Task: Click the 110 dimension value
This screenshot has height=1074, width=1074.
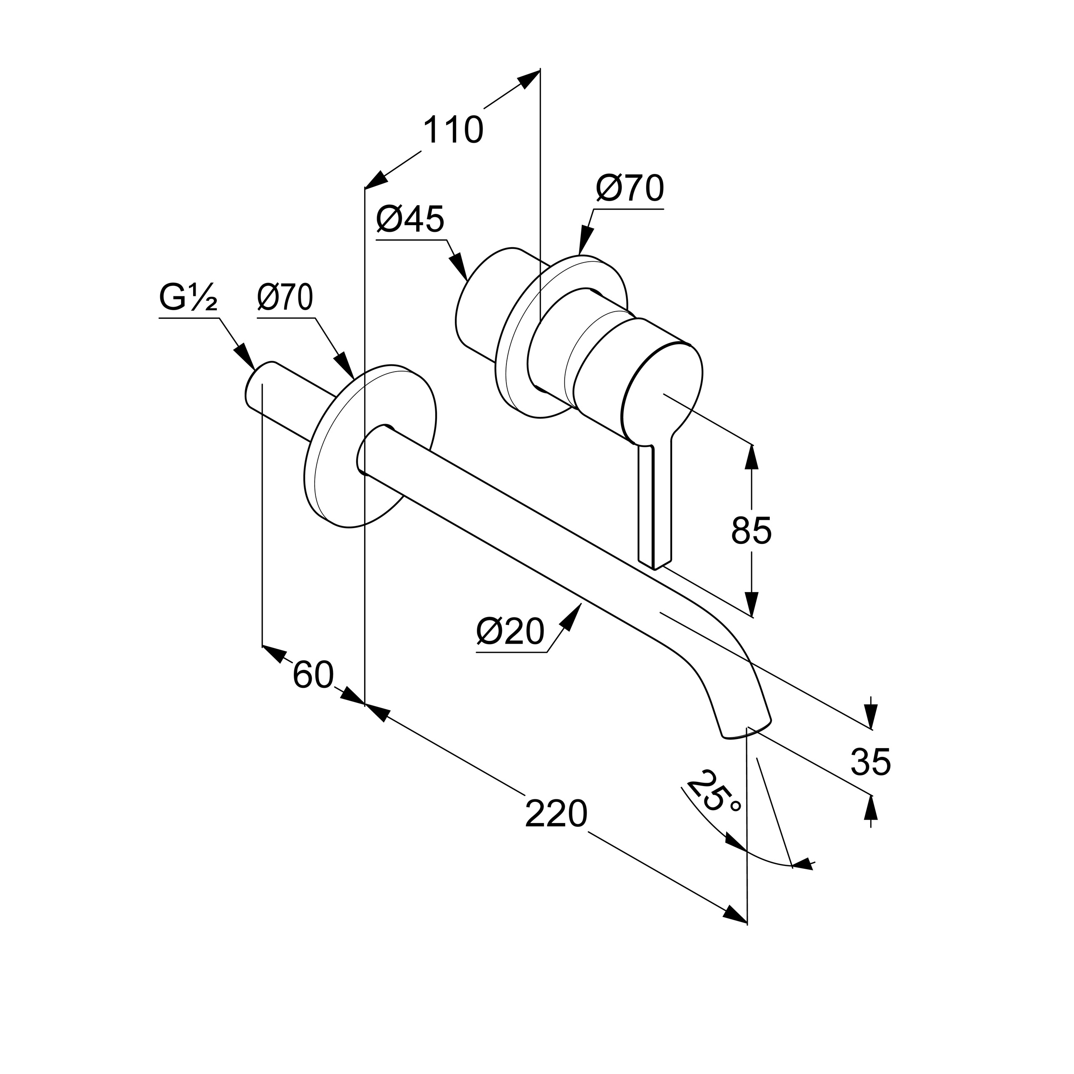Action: pyautogui.click(x=453, y=131)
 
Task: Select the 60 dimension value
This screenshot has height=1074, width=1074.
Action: pyautogui.click(x=313, y=675)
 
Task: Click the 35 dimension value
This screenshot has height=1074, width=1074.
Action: pyautogui.click(x=871, y=762)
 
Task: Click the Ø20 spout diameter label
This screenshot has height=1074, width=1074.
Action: pyautogui.click(x=510, y=632)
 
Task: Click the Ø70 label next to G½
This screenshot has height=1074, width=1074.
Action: pyautogui.click(x=285, y=298)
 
